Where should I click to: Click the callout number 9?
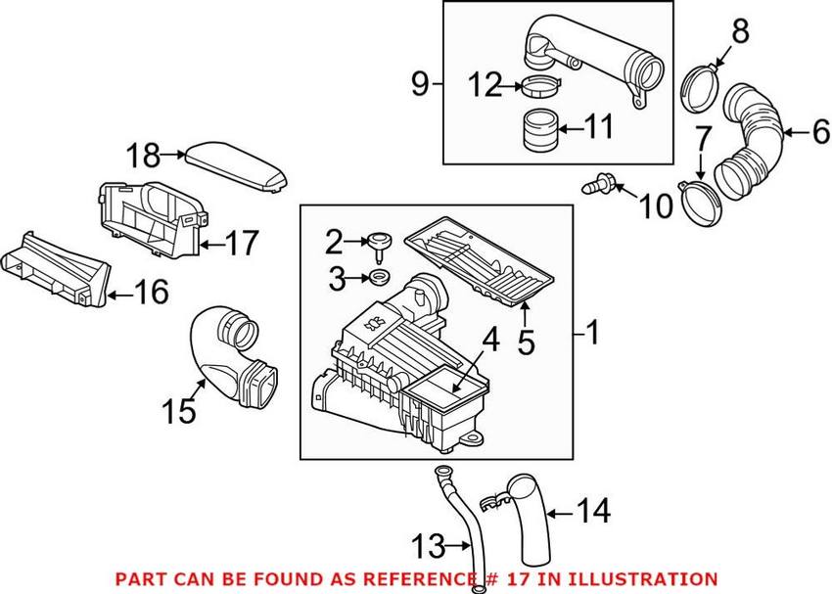(x=419, y=86)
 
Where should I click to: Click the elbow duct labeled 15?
(x=235, y=357)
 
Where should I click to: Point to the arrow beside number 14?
(x=559, y=511)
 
